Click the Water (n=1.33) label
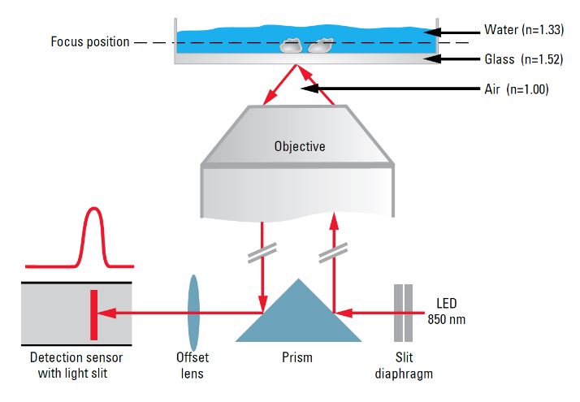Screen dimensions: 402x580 (524, 31)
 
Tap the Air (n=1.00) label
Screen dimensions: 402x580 (517, 89)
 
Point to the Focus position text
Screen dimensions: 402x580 (89, 41)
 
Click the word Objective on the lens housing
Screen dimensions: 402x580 (298, 147)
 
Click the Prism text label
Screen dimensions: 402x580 (296, 357)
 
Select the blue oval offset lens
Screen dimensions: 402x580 (193, 311)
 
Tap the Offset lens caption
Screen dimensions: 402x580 (193, 365)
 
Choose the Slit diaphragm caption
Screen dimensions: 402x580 (403, 365)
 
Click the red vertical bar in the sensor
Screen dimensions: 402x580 (94, 311)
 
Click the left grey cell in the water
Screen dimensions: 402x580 (291, 47)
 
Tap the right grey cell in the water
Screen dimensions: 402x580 (321, 46)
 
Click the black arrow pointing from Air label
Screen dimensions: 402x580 (390, 88)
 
